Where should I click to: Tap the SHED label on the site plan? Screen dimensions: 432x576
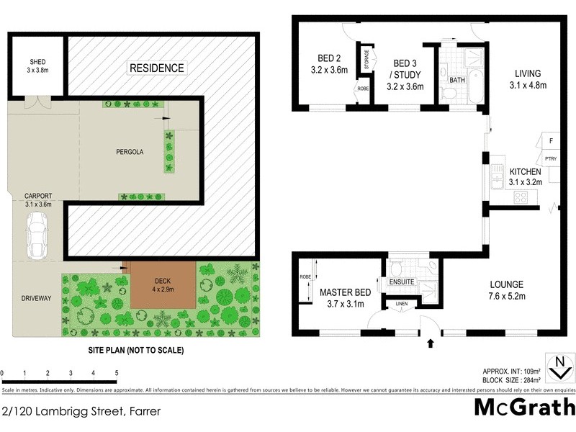click(37, 62)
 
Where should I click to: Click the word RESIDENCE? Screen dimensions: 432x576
click(156, 68)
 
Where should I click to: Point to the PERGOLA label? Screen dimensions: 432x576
click(130, 152)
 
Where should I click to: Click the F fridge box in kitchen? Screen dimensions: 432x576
click(550, 141)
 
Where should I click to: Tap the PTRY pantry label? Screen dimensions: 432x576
click(550, 158)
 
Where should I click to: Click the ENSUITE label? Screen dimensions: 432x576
click(402, 282)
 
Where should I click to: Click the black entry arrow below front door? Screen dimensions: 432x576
click(431, 345)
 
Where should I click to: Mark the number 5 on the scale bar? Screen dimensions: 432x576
click(117, 373)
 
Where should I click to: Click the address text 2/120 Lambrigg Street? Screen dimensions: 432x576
click(80, 412)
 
